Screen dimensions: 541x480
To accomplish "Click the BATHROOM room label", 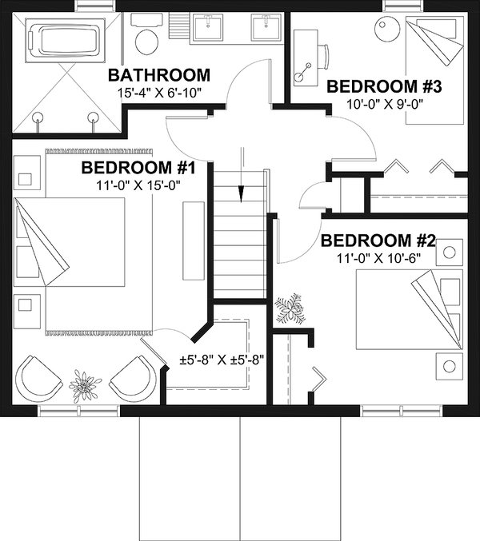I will click(159, 76).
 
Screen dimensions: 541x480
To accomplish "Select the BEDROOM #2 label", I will click(378, 241).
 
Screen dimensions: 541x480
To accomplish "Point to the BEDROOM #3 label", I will click(386, 86).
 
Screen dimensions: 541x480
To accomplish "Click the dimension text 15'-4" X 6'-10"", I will click(159, 93).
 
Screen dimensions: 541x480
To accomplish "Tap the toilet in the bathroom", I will click(146, 38).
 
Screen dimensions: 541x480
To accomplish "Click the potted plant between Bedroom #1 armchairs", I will click(85, 385).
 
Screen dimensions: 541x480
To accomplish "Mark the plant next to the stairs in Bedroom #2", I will click(289, 308).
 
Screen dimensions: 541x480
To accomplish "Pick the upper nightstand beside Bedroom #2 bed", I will click(449, 253).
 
